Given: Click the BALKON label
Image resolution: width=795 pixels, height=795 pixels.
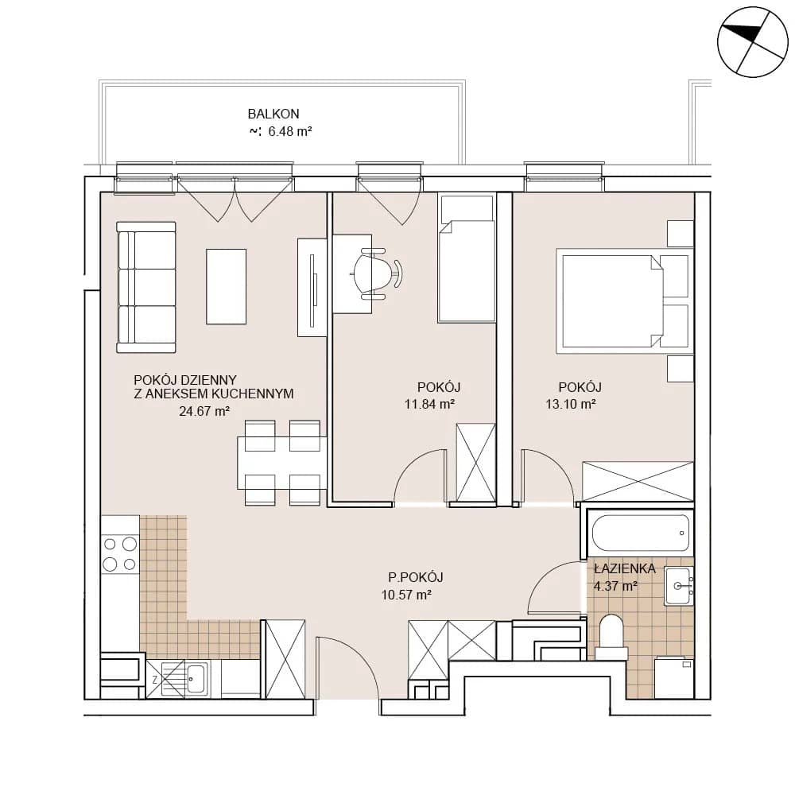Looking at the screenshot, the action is [273, 114].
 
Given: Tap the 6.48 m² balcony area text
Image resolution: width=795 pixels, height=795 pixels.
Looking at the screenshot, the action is [289, 131].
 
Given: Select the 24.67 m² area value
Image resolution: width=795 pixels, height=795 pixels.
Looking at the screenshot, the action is [204, 411].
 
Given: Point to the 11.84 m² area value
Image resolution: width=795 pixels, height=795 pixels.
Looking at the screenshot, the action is [429, 404].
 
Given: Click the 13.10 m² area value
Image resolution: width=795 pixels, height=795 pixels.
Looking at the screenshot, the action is [570, 404].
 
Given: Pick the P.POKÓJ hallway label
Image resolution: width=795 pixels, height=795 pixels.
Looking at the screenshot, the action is [416, 577].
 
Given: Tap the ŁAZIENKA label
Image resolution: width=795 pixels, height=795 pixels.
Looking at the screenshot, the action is [625, 568].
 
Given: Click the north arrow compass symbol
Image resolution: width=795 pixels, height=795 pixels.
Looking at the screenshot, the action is [753, 42].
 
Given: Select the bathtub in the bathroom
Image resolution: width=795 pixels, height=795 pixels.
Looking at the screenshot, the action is [641, 533].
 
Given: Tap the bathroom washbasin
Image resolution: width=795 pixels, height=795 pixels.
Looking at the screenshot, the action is [679, 586].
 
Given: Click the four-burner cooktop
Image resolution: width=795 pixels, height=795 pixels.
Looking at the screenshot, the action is [120, 554].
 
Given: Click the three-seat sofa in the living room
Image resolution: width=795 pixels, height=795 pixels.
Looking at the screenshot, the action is [146, 287].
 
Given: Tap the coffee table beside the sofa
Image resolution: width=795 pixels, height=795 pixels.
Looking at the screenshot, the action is [226, 286].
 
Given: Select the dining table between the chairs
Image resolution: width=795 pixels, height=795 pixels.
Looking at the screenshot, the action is [282, 463].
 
